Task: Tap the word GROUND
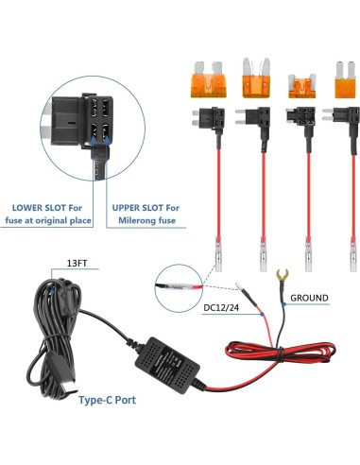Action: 309,299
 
